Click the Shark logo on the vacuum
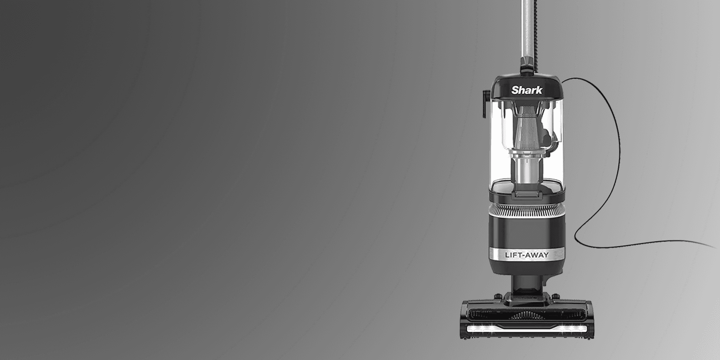[x=527, y=90]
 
